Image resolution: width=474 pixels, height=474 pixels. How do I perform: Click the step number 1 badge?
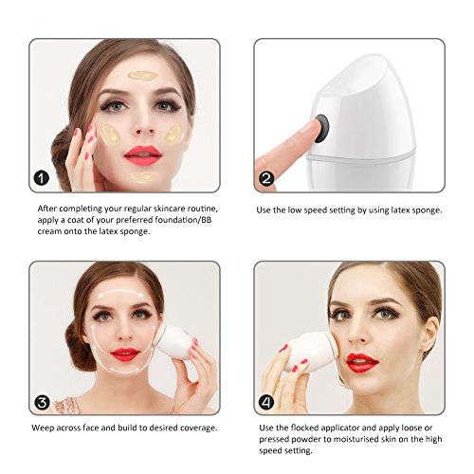point(42,178)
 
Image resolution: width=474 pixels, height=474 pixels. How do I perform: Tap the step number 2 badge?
point(266,178)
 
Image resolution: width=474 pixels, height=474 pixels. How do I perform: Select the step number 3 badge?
point(42,403)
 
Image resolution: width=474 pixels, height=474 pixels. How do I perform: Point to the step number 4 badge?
point(266,402)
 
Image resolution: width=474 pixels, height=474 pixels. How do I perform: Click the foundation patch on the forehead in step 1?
point(142,76)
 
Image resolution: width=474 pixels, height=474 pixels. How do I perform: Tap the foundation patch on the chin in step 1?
point(142,177)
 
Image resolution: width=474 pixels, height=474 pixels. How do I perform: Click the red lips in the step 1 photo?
point(142,155)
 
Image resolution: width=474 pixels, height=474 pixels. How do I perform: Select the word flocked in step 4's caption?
point(303,428)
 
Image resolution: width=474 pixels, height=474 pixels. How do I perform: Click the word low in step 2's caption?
point(294,210)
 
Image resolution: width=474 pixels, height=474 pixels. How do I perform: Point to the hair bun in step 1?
point(61,155)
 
